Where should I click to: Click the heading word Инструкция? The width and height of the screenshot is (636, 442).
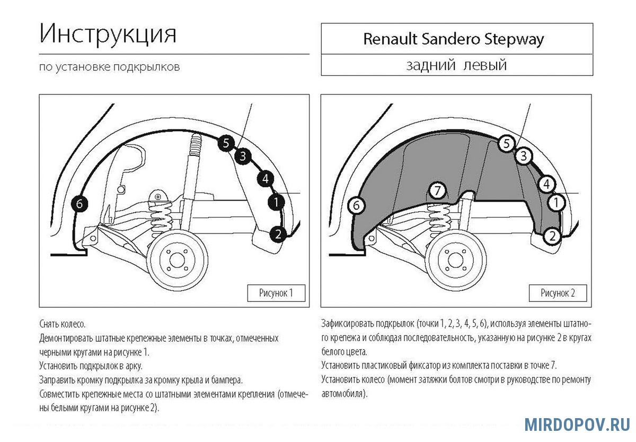click(x=108, y=34)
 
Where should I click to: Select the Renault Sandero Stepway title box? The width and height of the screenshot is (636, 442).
click(x=456, y=39)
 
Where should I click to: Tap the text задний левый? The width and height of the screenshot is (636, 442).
click(x=456, y=65)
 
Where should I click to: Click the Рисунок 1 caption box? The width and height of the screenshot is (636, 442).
click(x=276, y=293)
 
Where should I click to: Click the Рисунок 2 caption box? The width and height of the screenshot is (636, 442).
click(x=558, y=293)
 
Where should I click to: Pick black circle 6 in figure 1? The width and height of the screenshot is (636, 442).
click(x=79, y=204)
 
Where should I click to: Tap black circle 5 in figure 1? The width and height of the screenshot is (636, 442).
click(x=226, y=143)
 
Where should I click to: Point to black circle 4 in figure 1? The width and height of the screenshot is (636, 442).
click(x=265, y=179)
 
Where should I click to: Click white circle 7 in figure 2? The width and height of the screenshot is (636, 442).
click(x=437, y=191)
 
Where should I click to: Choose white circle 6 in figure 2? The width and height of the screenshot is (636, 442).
click(x=357, y=205)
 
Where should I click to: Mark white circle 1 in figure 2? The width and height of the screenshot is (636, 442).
click(x=556, y=202)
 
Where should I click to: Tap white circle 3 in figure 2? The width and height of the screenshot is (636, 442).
click(x=524, y=156)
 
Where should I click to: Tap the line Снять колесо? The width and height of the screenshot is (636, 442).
click(x=63, y=324)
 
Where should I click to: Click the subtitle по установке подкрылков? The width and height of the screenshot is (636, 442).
click(x=110, y=67)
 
